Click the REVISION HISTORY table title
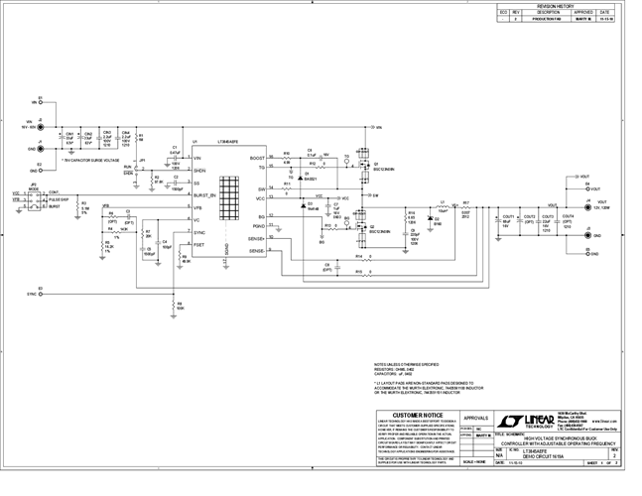coord(555,5)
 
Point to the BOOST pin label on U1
coord(257,158)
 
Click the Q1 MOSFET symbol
coord(355,164)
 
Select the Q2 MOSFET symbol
coord(355,225)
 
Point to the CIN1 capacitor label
coord(70,134)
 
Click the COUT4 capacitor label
coord(568,215)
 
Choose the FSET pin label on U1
coord(198,244)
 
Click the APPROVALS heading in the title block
coord(477,418)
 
